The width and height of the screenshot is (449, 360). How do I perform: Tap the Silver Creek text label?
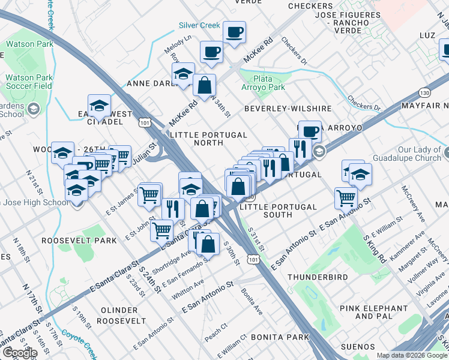click(x=199, y=26)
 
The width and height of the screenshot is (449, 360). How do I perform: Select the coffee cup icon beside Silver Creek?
click(x=234, y=32)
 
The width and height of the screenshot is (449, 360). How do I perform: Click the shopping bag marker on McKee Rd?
click(x=204, y=85)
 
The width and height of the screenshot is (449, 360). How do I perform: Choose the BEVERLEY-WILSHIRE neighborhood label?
click(x=288, y=109)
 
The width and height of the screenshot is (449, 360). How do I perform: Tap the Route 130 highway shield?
click(x=424, y=93)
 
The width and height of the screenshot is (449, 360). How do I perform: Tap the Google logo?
click(x=19, y=353)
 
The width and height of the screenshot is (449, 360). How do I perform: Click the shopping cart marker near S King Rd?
click(x=346, y=196)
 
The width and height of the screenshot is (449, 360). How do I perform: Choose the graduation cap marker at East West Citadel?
click(x=100, y=104)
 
